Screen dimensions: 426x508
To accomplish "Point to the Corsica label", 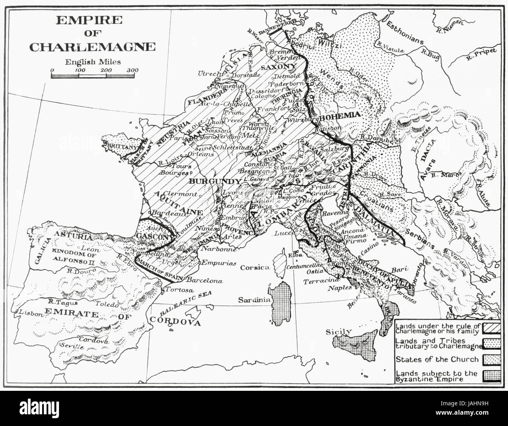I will point(255,268).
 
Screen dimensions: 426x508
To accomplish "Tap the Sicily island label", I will point(338,332).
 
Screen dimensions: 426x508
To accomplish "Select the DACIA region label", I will point(427,158).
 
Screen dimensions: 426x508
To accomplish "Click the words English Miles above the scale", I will point(93,61).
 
